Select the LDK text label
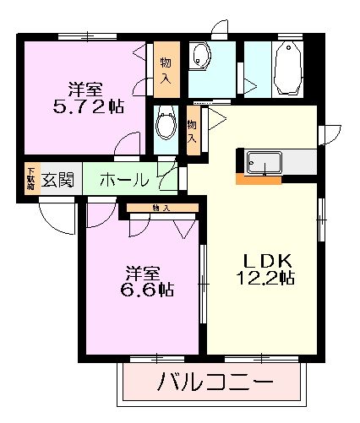[265, 259]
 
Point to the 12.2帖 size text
[265, 277]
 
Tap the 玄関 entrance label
[57, 180]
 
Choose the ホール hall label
[125, 180]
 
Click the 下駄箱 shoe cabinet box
[30, 180]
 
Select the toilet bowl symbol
[166, 123]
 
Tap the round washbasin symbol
[201, 57]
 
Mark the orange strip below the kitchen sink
[259, 179]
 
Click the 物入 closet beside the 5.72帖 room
[166, 69]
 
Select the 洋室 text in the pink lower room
[142, 273]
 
